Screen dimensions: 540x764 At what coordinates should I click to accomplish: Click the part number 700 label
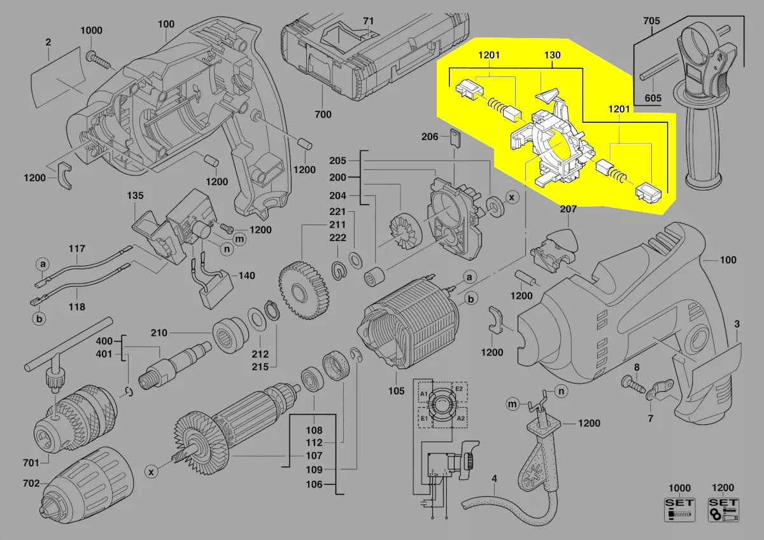(323, 115)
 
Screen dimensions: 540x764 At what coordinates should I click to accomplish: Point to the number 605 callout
(653, 98)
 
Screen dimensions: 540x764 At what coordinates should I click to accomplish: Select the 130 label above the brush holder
(552, 55)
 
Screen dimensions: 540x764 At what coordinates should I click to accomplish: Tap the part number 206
(429, 136)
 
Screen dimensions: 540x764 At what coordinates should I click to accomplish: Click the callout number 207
(568, 209)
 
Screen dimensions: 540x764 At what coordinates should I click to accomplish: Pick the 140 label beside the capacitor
(246, 276)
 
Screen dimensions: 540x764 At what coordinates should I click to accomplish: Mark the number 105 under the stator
(397, 391)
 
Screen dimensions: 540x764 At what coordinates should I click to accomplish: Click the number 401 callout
(104, 354)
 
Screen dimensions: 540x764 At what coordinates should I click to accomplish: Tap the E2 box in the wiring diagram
(458, 389)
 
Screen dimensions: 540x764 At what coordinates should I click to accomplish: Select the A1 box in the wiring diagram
(424, 394)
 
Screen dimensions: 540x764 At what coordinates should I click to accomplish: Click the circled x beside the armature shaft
(151, 471)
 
